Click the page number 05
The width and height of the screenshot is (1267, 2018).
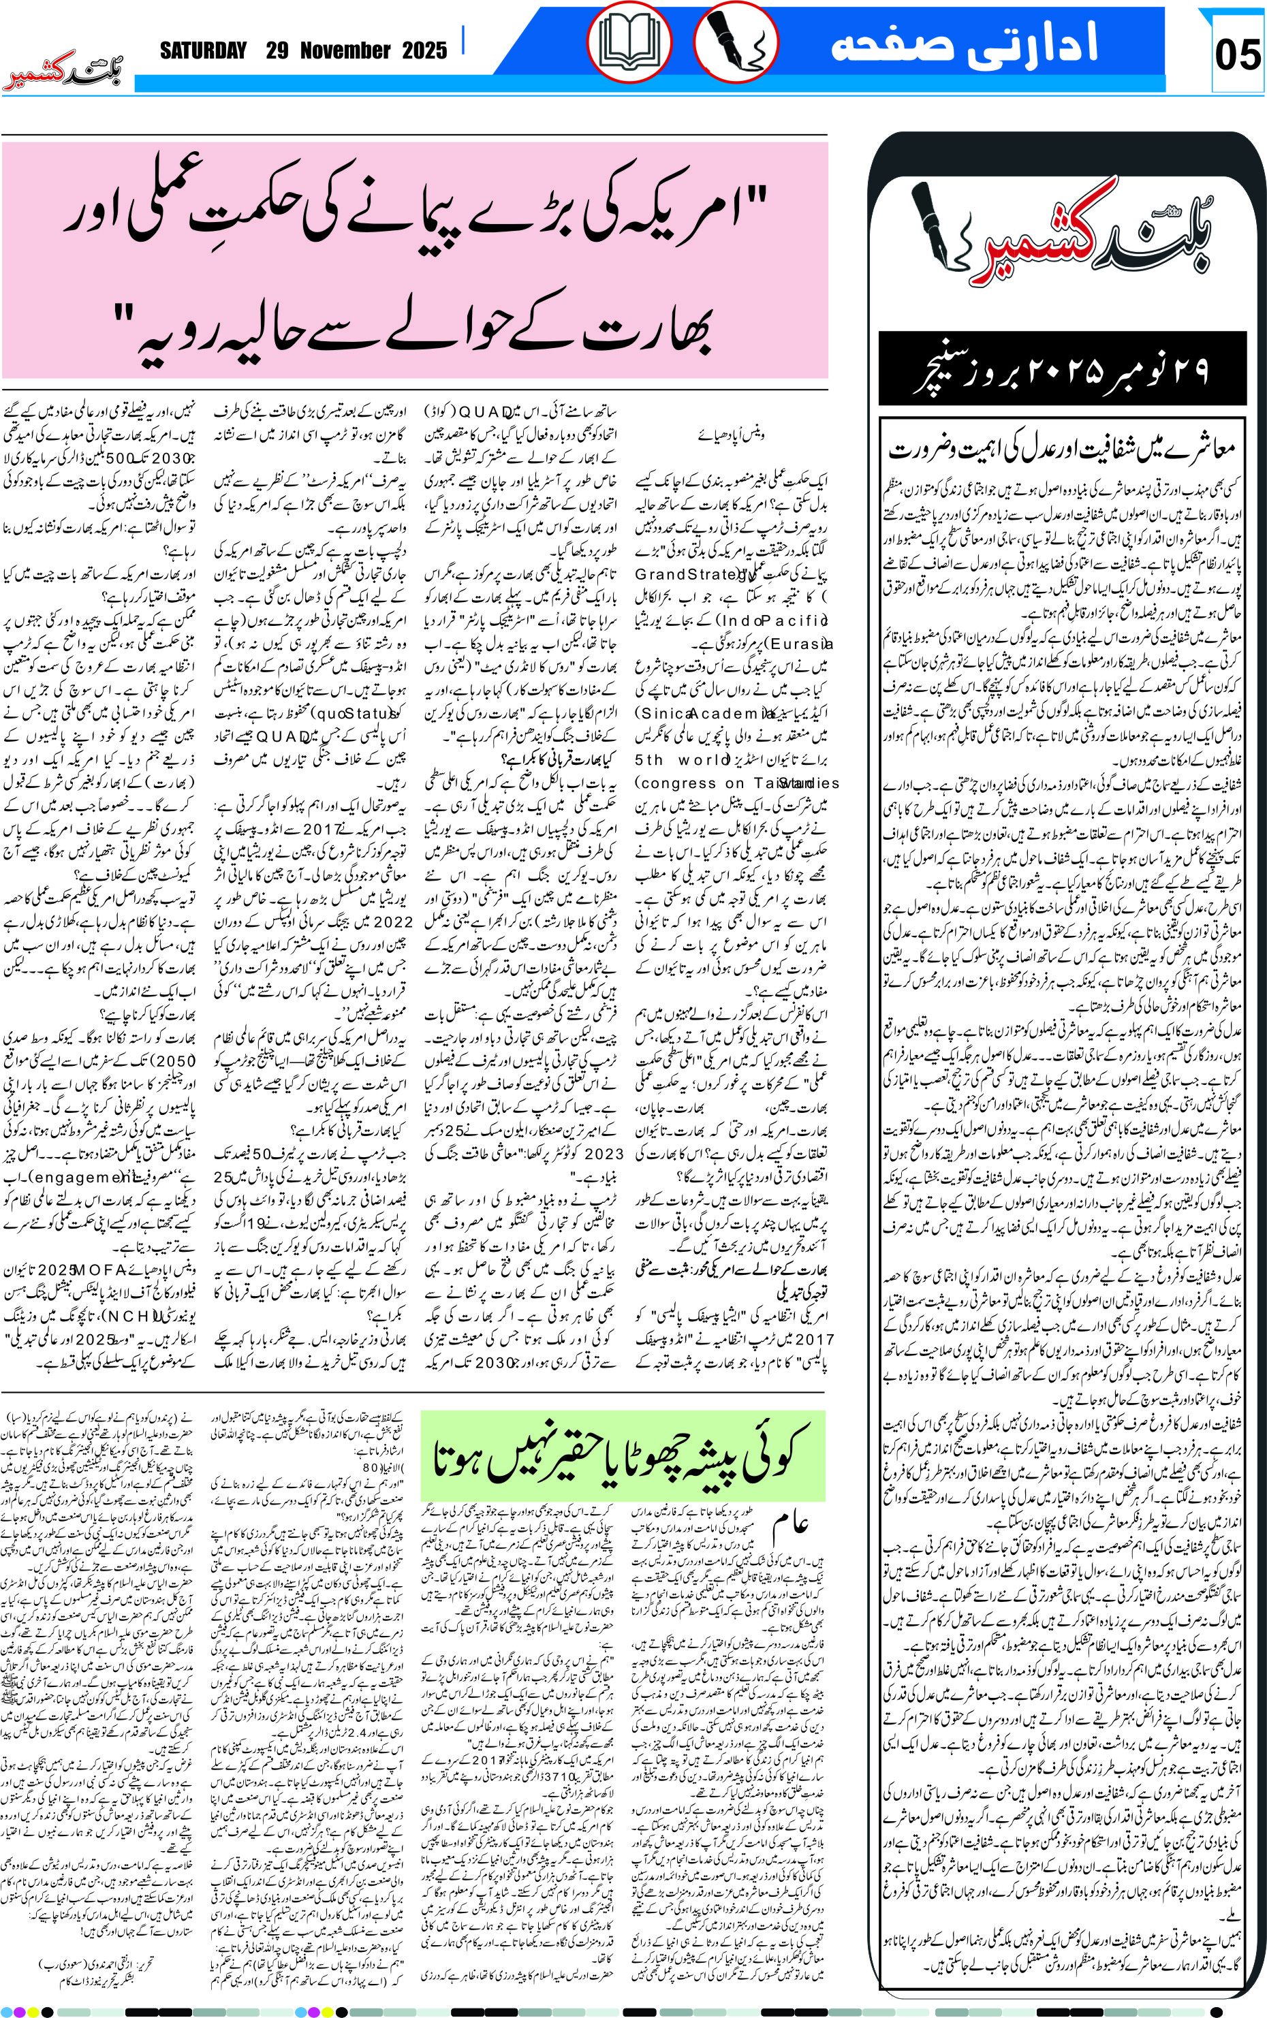[x=1237, y=55]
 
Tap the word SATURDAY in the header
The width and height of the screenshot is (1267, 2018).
[x=204, y=51]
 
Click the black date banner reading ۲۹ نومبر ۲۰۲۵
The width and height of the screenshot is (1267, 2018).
[x=1062, y=369]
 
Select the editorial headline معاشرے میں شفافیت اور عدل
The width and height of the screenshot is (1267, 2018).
[x=1062, y=450]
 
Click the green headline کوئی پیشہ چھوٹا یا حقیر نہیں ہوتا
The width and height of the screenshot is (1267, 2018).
[x=622, y=1455]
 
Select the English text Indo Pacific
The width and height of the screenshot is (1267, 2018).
[x=775, y=620]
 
